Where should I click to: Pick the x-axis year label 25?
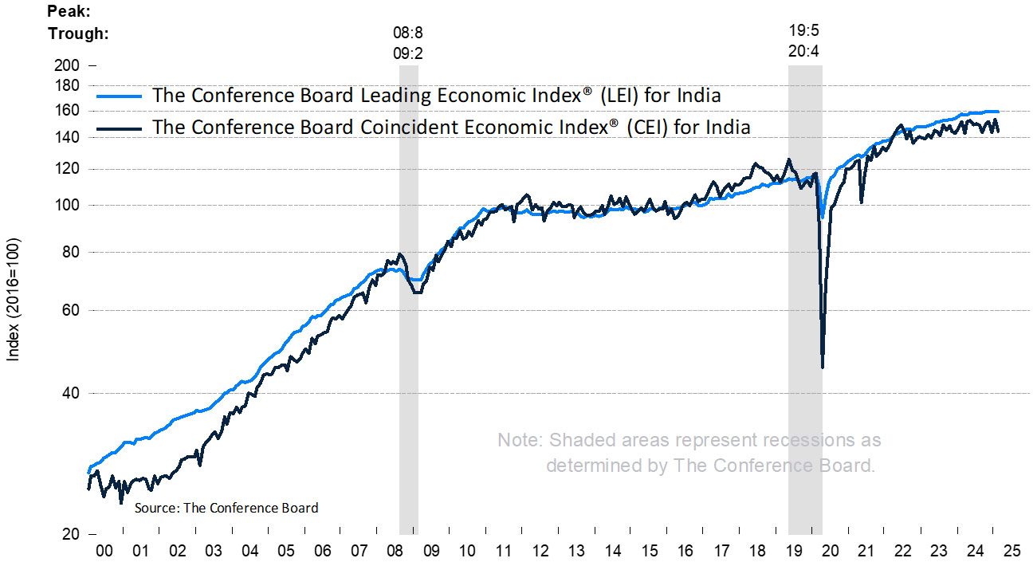1013,551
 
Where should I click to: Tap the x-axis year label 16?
686,551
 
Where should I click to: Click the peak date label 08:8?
408,34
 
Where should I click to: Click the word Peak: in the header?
69,12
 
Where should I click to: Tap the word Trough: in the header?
78,33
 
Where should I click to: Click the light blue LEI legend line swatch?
119,96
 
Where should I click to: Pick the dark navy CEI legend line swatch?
119,127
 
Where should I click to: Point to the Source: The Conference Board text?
226,508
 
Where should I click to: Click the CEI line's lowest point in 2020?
822,367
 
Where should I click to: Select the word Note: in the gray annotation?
519,440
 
